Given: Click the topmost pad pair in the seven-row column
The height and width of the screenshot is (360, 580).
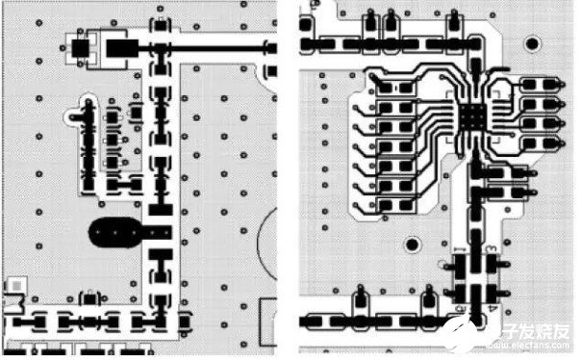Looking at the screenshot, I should pos(396,90).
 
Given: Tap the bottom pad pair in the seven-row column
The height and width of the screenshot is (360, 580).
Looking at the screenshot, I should pos(396,203).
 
